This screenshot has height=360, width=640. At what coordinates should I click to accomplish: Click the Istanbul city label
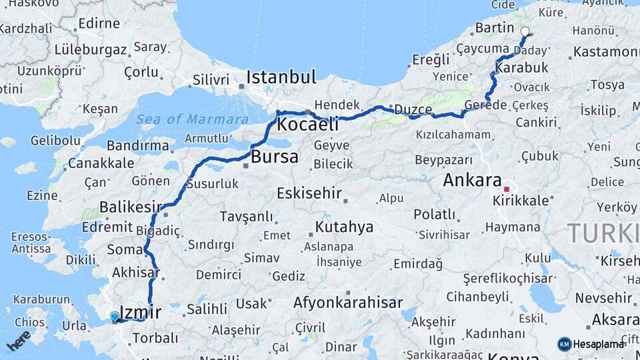tap(281, 77)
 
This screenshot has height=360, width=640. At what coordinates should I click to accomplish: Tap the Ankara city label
tap(472, 180)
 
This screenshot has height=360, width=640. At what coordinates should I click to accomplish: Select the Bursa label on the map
tap(275, 158)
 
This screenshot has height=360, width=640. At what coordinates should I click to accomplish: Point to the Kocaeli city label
tap(307, 124)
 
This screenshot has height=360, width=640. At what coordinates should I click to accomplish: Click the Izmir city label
tap(141, 311)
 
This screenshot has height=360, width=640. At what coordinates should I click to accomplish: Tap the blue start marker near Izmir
tap(115, 317)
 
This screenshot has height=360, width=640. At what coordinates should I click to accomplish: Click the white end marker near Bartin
tap(525, 31)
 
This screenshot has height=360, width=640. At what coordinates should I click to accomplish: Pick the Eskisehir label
tap(309, 194)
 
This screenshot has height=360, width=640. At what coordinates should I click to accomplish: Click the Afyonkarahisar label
tap(348, 303)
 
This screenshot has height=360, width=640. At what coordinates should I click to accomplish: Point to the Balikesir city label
tap(131, 207)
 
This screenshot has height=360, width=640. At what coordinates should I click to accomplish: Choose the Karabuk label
tap(522, 67)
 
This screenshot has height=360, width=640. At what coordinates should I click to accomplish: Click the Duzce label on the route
tap(413, 109)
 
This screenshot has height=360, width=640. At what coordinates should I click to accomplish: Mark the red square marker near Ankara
tap(507, 189)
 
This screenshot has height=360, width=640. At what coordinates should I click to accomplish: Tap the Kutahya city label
tap(344, 227)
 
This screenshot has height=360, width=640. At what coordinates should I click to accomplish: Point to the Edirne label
tap(98, 23)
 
